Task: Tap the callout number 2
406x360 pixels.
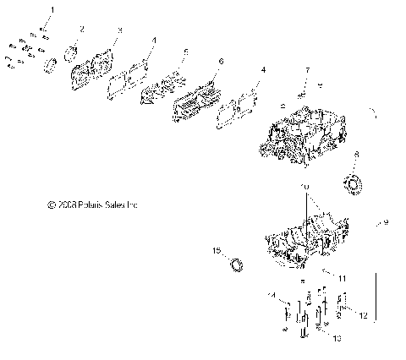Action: (x=82, y=29)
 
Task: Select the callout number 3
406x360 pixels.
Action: (x=119, y=30)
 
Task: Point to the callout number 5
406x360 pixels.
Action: (x=186, y=51)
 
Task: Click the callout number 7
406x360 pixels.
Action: (x=307, y=69)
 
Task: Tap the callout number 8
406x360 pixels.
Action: (x=356, y=154)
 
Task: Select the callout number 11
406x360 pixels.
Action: (x=343, y=277)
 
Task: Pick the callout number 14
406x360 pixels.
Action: (x=272, y=294)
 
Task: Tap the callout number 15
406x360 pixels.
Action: (x=216, y=251)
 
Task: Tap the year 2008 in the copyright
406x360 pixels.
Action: (x=66, y=204)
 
